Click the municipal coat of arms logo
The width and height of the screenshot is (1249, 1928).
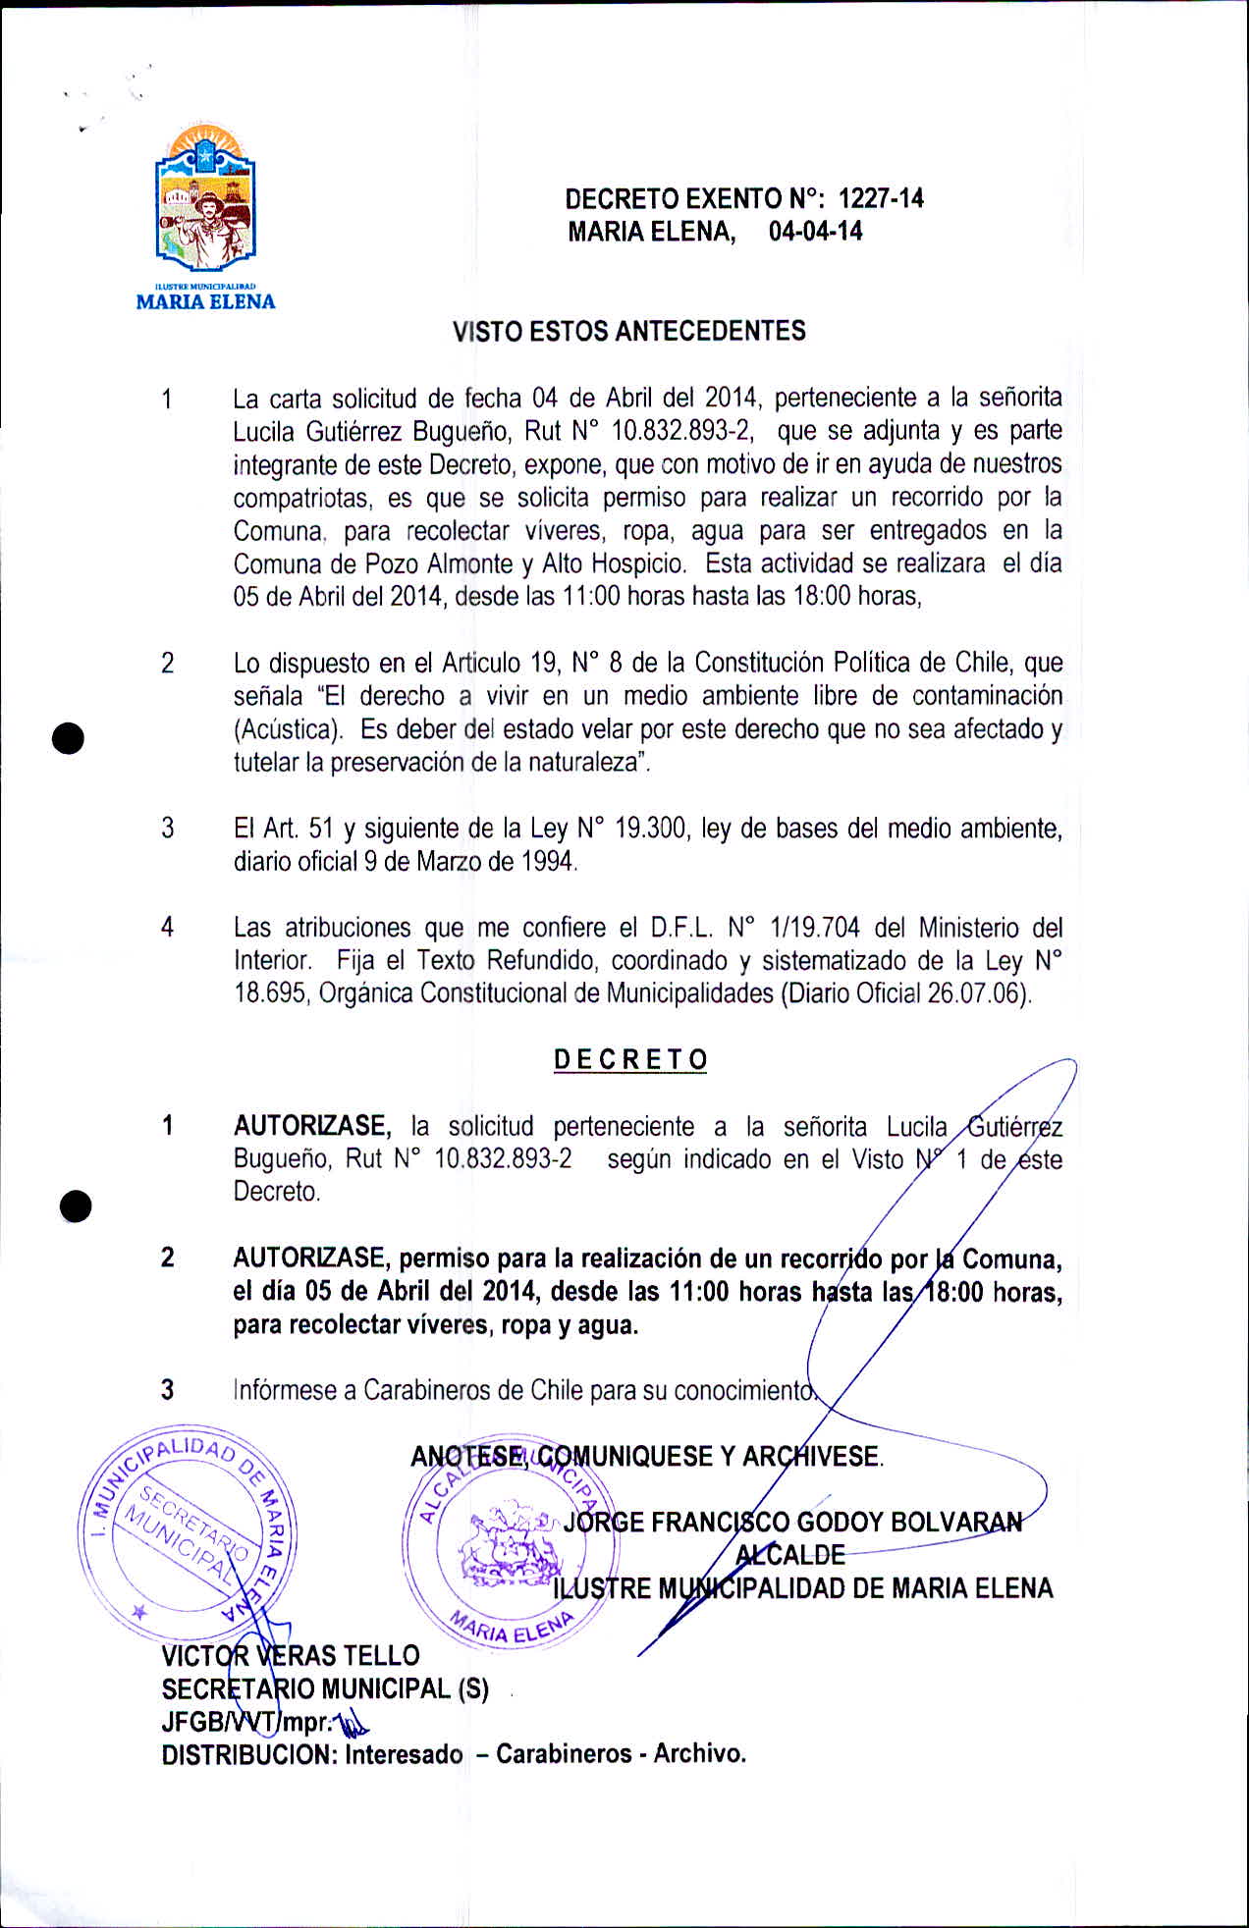[205, 200]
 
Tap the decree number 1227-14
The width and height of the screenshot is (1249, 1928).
[881, 199]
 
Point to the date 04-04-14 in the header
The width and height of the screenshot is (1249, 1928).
[815, 232]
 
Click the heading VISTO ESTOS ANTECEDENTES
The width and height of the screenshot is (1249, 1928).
[628, 331]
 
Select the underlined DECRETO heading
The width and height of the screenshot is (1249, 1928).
[630, 1060]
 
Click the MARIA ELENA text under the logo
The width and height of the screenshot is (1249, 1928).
[205, 302]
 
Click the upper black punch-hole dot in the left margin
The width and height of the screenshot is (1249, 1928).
[69, 737]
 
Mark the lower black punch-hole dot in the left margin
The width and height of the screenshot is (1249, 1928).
[75, 1205]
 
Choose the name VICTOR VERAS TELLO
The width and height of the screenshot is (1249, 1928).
[291, 1656]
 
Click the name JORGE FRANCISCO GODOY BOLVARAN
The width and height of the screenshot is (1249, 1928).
[792, 1523]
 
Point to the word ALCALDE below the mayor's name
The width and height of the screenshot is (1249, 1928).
[790, 1555]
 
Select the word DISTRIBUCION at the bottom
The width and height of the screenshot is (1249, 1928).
[249, 1754]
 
